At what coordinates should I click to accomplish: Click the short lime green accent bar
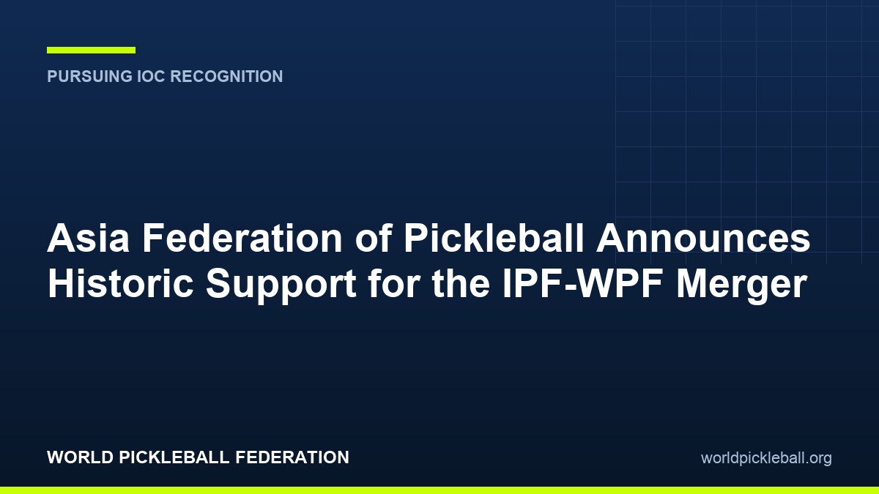coord(91,50)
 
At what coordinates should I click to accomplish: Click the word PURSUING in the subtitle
coord(90,76)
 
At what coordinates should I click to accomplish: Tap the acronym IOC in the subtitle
coord(151,76)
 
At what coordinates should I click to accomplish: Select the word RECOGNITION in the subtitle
coord(226,76)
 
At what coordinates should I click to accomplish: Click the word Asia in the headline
coord(89,238)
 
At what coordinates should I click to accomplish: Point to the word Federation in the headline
coord(242,238)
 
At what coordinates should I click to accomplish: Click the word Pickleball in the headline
coord(494,238)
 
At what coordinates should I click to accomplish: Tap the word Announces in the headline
coord(704,238)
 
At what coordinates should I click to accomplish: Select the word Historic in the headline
coord(120,283)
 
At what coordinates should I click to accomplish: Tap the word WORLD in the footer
coord(81,457)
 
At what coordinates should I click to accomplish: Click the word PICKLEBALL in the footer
coord(174,457)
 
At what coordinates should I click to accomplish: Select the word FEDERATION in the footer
coord(292,457)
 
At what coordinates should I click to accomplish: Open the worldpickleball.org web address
coord(766,458)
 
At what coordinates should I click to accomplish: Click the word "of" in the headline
coord(374,238)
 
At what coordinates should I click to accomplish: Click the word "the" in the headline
coord(461,283)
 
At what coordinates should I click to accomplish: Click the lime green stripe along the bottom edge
coord(439,490)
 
